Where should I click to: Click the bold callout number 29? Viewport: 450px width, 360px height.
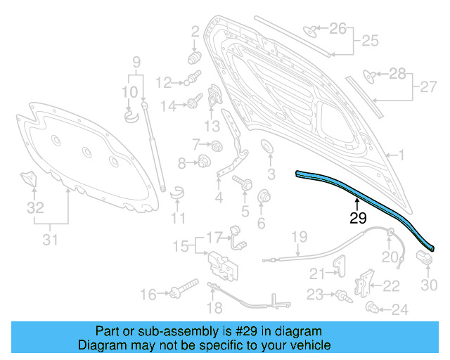(358, 219)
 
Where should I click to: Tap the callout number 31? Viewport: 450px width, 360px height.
(49, 240)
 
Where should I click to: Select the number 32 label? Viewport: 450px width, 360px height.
(34, 208)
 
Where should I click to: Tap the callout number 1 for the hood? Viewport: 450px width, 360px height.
(402, 155)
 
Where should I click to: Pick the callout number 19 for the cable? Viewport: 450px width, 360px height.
(300, 236)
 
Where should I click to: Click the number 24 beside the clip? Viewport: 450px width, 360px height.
(399, 309)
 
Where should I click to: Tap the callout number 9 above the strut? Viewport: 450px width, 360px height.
(137, 60)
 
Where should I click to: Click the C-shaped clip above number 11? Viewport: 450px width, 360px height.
(177, 189)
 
